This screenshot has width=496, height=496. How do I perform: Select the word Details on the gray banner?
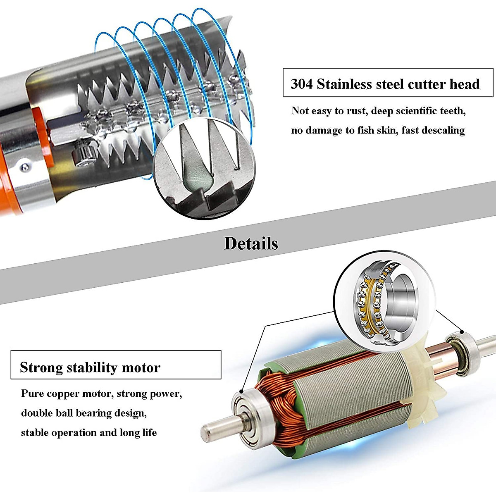(x=251, y=243)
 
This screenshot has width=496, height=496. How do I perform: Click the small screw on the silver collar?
(x=26, y=167)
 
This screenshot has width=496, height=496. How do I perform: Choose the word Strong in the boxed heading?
(x=41, y=367)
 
